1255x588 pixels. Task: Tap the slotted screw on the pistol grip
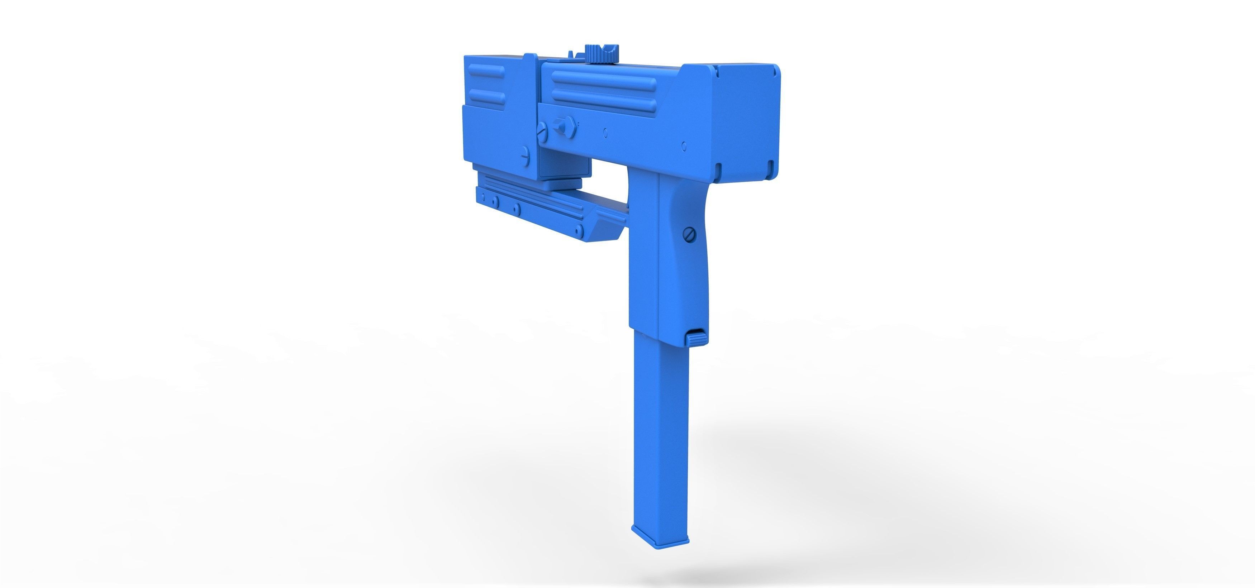(689, 234)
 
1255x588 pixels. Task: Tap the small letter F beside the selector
(578, 125)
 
